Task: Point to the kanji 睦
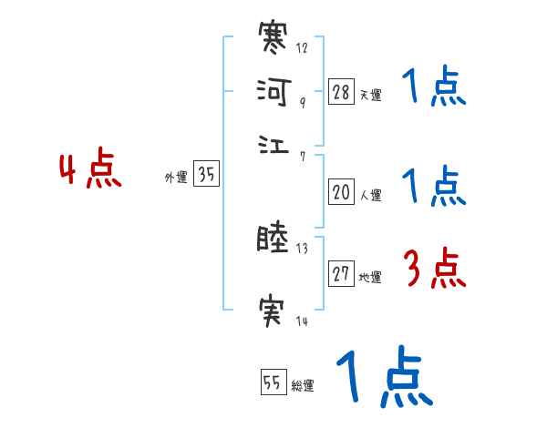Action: (x=274, y=241)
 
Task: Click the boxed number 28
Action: (x=341, y=93)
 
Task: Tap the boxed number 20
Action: (x=341, y=192)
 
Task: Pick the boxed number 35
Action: (x=207, y=176)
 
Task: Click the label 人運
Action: (x=370, y=195)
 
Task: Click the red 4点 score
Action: (x=89, y=172)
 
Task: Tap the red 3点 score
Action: (x=434, y=270)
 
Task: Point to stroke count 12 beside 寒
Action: (x=303, y=48)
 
